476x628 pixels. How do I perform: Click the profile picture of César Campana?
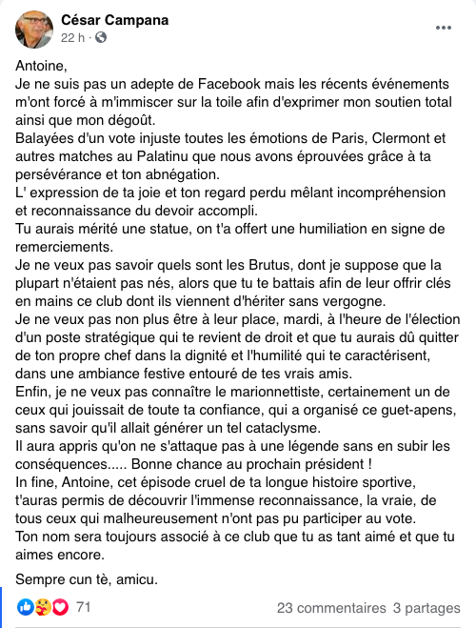click(x=34, y=29)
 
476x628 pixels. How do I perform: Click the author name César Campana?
click(x=113, y=19)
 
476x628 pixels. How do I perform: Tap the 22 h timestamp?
click(x=73, y=37)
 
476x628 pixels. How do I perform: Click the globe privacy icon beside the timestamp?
click(x=101, y=37)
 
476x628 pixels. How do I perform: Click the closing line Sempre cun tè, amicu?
click(x=83, y=578)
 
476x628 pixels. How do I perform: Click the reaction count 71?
click(x=84, y=607)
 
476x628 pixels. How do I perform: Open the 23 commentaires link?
click(x=330, y=607)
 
